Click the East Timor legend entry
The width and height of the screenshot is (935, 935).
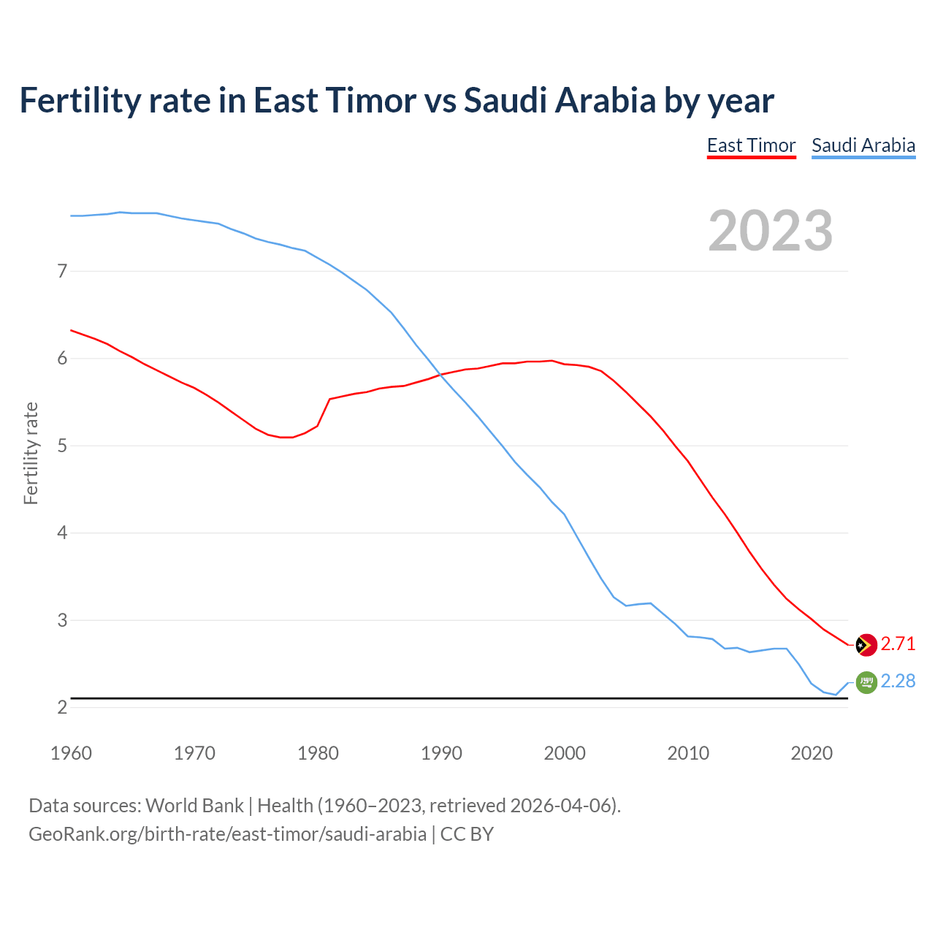tap(751, 145)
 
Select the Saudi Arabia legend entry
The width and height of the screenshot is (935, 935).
tap(863, 145)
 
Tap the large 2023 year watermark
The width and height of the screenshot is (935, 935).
tap(770, 231)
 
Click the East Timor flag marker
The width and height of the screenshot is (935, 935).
tap(866, 645)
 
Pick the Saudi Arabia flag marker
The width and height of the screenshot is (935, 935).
tap(866, 682)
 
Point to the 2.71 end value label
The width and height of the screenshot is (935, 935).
tap(898, 644)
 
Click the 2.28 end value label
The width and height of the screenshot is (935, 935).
tap(898, 681)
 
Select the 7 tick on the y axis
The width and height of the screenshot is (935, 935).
tap(62, 272)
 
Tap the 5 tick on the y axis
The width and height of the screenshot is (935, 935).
tap(62, 446)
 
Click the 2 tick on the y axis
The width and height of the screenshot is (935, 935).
tap(62, 707)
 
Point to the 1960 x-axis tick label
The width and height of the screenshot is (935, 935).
tap(71, 753)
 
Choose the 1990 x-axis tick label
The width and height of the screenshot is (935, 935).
tap(441, 753)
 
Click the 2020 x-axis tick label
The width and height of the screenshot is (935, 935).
tap(812, 753)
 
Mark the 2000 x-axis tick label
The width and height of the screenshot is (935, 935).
tap(565, 753)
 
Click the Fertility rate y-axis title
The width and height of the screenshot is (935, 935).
tap(31, 453)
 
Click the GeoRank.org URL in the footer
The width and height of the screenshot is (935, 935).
tap(227, 833)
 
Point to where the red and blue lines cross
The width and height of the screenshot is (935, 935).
tap(440, 375)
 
